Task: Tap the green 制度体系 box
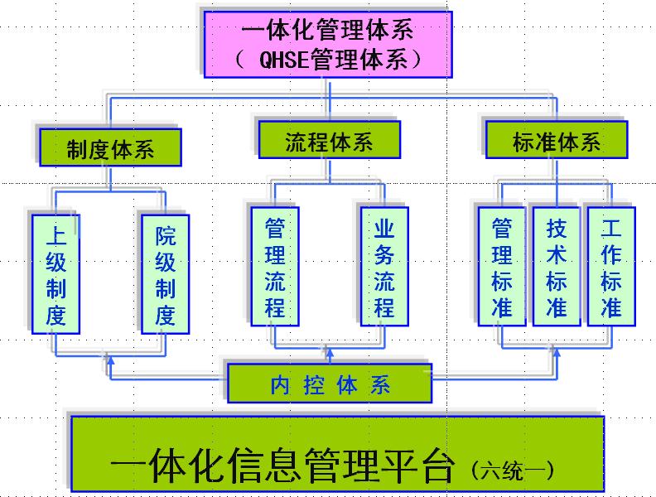(109, 149)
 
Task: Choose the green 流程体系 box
(329, 141)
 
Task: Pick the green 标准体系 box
(556, 141)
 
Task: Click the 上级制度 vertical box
(55, 274)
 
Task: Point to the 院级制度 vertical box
(166, 274)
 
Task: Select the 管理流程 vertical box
(275, 267)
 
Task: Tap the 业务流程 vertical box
(384, 267)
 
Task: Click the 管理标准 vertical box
(501, 267)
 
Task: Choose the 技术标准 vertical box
(557, 267)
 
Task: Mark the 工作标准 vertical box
(611, 267)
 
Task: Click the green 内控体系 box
(330, 384)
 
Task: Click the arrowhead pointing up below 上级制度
(109, 358)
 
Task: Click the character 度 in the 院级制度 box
(166, 315)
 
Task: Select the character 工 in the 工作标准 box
(611, 229)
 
